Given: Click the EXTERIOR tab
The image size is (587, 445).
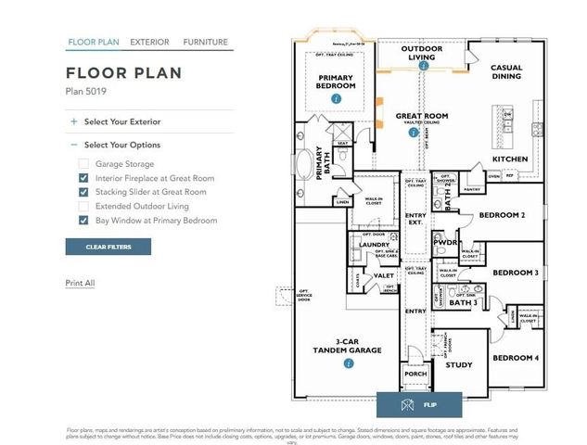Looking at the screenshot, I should click(149, 42).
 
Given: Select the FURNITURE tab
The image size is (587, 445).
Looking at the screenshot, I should click(205, 42).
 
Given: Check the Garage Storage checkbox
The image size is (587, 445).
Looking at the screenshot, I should click(83, 164).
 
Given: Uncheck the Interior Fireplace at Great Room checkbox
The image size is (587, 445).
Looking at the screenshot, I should click(83, 178).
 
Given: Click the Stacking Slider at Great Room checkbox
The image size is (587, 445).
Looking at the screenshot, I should click(83, 192).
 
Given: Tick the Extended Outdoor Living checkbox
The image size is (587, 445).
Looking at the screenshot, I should click(83, 206).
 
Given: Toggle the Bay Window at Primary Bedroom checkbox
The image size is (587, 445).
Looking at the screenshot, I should click(83, 221).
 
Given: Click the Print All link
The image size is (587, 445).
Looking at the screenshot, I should click(80, 283).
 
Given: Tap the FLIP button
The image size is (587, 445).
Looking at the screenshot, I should click(418, 405).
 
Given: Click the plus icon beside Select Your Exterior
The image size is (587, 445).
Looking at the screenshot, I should click(73, 121).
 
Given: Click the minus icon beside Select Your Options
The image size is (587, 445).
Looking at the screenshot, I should click(73, 145).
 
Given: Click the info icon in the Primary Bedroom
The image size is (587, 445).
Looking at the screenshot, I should click(336, 97).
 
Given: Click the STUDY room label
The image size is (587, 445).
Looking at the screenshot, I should click(459, 365).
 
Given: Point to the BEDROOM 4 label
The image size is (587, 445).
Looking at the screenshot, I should click(515, 358).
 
